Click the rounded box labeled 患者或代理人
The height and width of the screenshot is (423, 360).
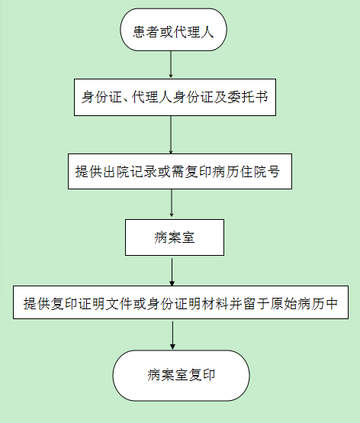173,30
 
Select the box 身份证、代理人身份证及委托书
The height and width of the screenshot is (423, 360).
175,98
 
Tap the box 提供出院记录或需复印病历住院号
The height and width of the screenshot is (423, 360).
180,171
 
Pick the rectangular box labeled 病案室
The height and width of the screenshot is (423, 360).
175,237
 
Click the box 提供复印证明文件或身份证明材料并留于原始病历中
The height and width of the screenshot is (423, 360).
181,302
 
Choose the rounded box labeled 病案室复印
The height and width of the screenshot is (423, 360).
181,376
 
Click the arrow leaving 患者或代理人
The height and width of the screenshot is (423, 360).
171,65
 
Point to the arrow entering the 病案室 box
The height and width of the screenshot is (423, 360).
172,203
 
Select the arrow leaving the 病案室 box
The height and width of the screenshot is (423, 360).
172,272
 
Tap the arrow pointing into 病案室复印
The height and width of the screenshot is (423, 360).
172,335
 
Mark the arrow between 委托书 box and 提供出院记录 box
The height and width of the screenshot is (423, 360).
171,135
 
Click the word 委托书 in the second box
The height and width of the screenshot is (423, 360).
248,97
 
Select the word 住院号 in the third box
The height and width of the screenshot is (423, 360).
260,172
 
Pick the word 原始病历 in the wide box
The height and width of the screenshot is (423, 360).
297,304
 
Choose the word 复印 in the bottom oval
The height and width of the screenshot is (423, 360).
202,375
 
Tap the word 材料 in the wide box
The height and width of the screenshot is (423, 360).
215,304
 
